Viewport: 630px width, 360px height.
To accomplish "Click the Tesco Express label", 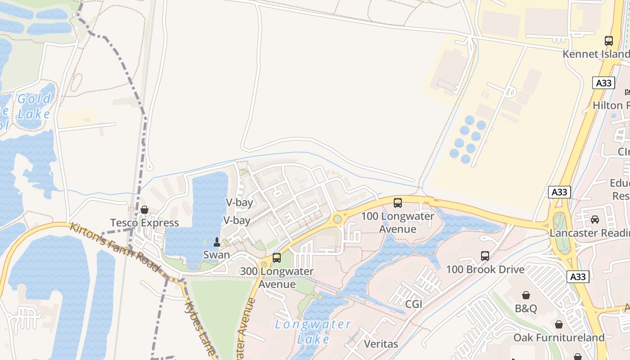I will [144, 223].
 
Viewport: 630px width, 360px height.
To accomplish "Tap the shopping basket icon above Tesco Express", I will [144, 210].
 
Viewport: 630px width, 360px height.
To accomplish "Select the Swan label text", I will [216, 255].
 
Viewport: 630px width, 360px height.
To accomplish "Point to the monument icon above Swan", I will [216, 242].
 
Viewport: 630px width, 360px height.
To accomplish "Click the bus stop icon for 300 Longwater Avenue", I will [277, 258].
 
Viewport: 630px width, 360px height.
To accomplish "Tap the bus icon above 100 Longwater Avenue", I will [398, 203].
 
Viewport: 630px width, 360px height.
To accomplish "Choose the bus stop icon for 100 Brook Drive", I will [485, 256].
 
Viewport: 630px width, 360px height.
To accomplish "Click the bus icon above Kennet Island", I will [609, 41].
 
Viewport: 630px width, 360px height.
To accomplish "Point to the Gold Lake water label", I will [34, 106].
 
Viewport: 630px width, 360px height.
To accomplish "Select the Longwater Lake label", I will [313, 331].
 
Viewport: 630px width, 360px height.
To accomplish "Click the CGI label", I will [414, 304].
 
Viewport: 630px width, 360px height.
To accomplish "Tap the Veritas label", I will [381, 344].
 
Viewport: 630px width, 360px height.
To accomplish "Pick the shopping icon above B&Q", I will [526, 295].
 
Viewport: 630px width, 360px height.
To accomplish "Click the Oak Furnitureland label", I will [559, 337].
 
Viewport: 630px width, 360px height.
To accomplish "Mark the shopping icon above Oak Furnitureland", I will [559, 324].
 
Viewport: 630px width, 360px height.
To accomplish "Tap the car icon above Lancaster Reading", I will [595, 220].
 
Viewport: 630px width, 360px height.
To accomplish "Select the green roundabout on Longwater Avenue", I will [337, 219].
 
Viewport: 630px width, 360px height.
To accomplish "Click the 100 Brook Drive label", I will [485, 270].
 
